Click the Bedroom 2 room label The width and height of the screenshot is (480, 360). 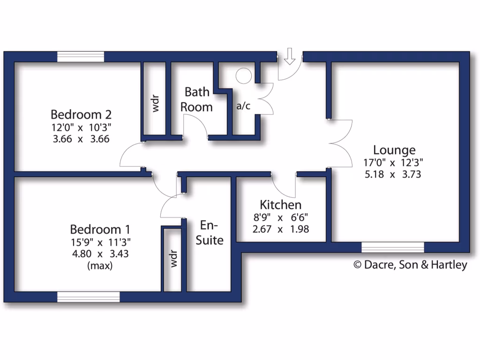(81, 114)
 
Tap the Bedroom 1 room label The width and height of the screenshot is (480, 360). (100, 230)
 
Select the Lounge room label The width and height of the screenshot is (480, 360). (394, 150)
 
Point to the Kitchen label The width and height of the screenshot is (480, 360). (280, 205)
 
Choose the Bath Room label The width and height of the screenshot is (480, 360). (196, 99)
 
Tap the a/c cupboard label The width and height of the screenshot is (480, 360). (243, 106)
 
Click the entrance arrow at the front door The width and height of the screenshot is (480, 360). (290, 56)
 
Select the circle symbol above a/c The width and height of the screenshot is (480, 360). (244, 76)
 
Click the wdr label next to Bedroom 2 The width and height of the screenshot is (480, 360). (155, 103)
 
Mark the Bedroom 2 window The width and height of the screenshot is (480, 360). (81, 56)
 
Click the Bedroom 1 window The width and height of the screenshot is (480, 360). (88, 297)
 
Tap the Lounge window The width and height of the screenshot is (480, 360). (393, 247)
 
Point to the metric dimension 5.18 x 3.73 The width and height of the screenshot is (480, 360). (392, 175)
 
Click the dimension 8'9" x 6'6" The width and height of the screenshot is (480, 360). (280, 217)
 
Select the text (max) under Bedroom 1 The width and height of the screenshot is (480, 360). (100, 265)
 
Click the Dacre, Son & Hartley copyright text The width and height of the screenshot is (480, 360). (410, 265)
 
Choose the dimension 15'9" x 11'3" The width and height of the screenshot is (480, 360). (100, 242)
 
